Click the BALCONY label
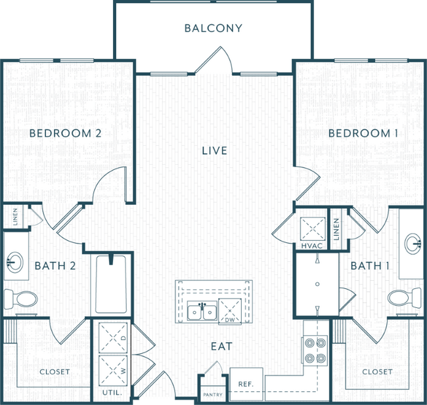(213, 28)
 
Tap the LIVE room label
(214, 151)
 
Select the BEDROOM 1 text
(363, 133)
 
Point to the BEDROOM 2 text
(65, 133)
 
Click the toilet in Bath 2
(22, 299)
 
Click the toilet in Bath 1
(403, 297)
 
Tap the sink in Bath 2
(14, 263)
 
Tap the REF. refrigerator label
(246, 384)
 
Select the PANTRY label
(213, 395)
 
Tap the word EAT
(221, 346)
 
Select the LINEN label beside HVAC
(336, 229)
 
